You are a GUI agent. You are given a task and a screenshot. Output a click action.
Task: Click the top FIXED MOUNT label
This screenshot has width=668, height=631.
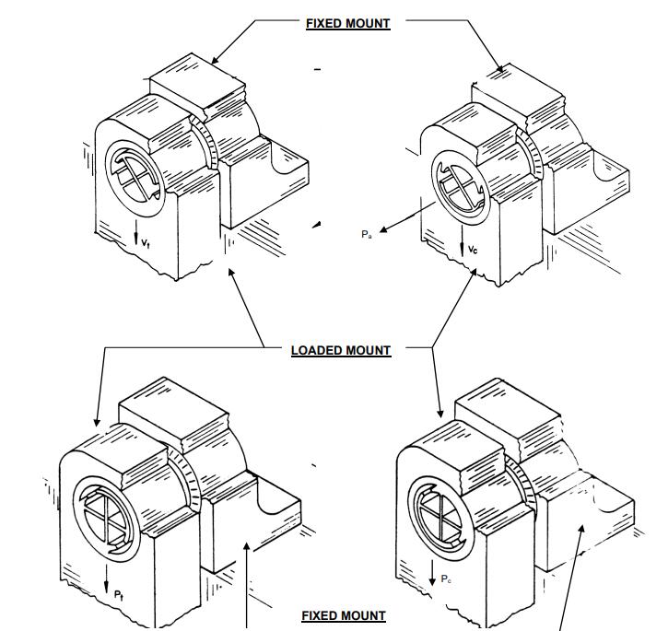point(347,23)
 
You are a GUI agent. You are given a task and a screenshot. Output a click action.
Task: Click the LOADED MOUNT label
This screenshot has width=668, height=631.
point(341,350)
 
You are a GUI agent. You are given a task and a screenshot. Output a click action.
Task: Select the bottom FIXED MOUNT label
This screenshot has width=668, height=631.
point(344,615)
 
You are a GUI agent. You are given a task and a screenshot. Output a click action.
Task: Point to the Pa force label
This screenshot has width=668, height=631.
point(366,234)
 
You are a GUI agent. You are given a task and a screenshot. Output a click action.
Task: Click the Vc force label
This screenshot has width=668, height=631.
point(473,250)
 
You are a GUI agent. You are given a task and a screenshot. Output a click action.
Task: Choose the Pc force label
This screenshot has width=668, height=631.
point(446,578)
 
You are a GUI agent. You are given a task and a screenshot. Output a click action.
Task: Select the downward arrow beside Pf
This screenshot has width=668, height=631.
point(108,580)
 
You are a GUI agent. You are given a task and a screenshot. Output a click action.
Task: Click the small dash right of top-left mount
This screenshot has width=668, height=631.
point(317,69)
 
